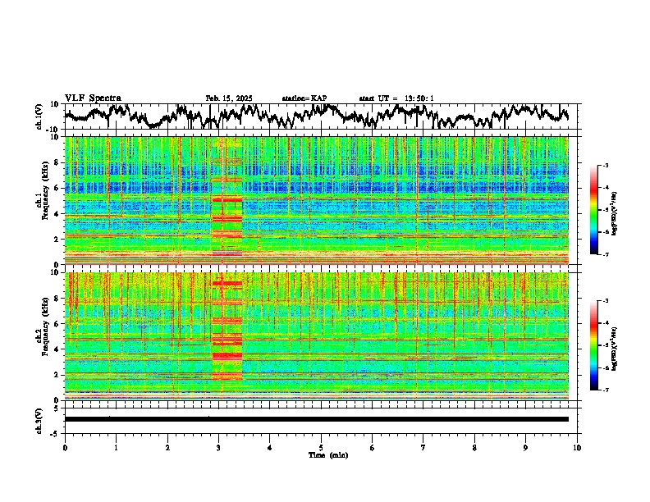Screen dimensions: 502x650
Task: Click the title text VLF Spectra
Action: tap(93, 98)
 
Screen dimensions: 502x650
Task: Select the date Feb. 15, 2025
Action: tap(229, 98)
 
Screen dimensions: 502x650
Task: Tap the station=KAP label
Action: tap(304, 98)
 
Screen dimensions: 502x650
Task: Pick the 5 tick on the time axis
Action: tap(321, 447)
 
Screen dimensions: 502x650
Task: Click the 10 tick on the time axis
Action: tap(577, 447)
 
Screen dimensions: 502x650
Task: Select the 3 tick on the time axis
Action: tap(218, 447)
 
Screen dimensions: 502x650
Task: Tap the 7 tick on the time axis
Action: tap(423, 447)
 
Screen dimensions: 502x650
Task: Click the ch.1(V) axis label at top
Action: tap(39, 117)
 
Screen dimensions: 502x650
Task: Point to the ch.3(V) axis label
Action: tap(39, 419)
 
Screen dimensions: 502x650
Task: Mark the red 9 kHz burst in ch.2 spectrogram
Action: tap(227, 283)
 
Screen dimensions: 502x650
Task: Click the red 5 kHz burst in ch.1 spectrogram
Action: tap(227, 199)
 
